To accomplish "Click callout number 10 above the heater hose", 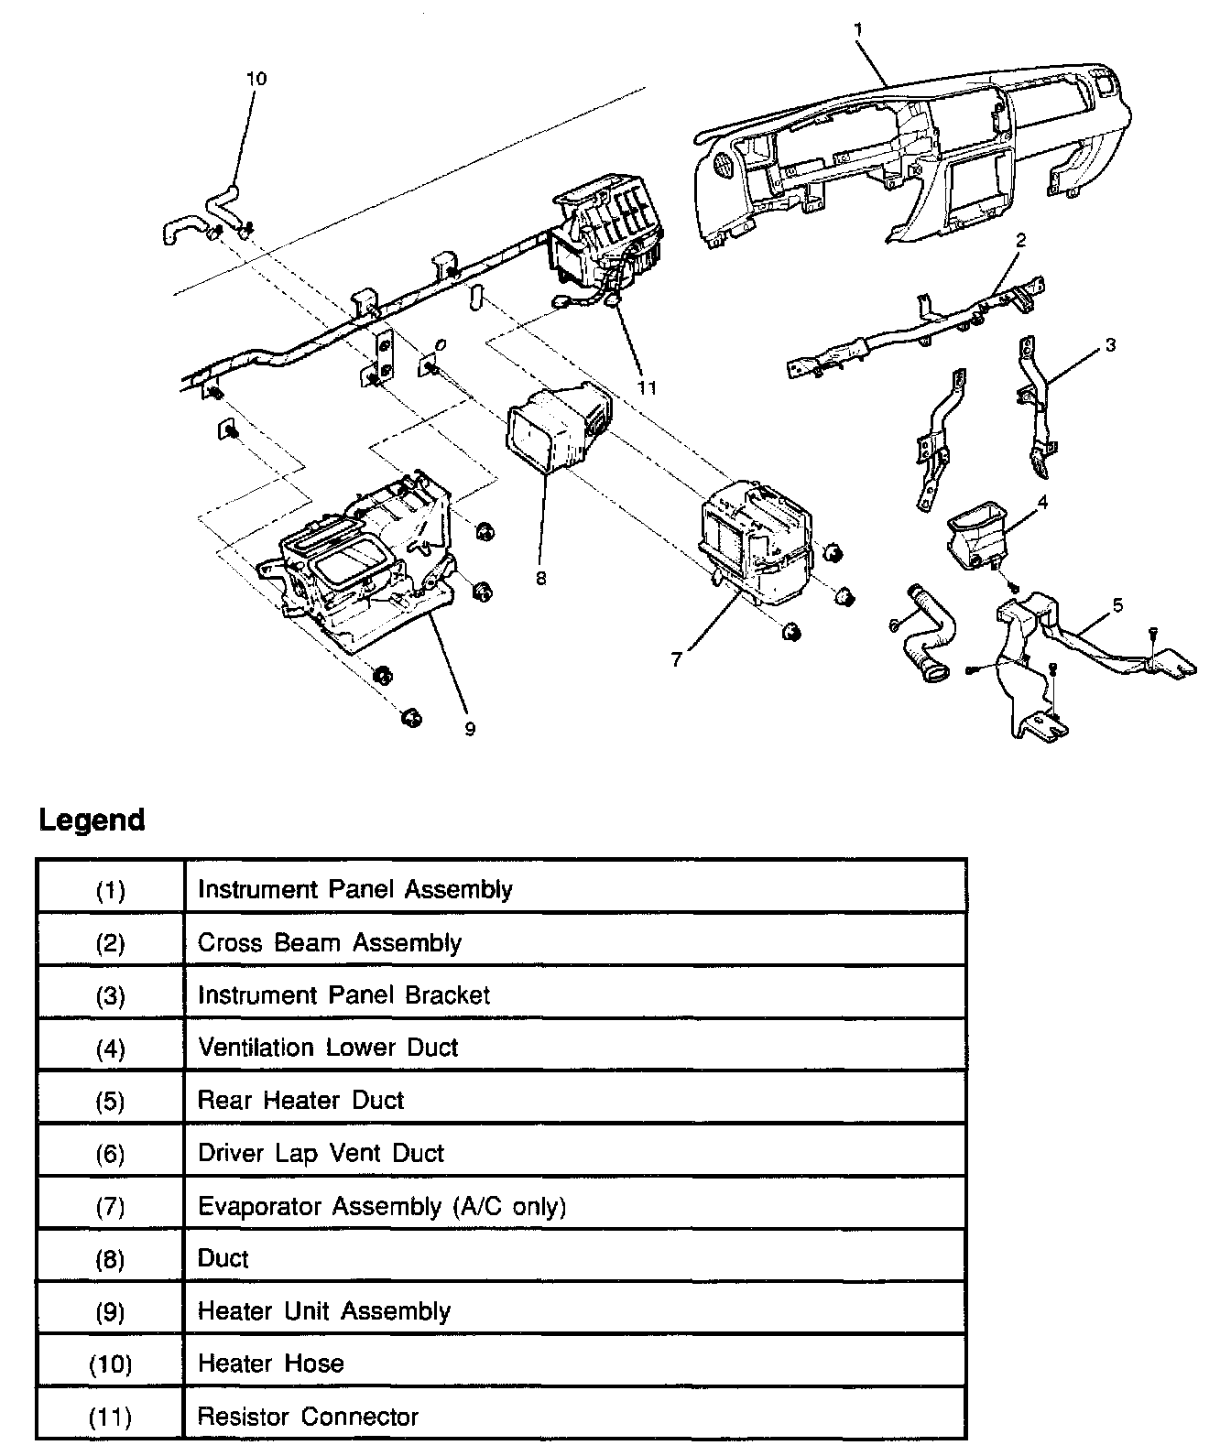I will (256, 79).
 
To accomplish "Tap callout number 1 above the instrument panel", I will (858, 30).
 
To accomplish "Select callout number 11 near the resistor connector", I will (648, 387).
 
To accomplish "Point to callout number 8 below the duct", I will (541, 579).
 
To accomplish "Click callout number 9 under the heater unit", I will (470, 729).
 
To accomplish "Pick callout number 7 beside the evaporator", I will (676, 658).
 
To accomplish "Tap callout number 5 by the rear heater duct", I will (1117, 605).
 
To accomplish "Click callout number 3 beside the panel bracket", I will (1110, 345).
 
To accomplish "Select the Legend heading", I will (92, 820).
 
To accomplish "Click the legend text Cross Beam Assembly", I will (329, 942).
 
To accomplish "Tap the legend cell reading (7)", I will (110, 1206).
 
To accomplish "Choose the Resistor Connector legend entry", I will (308, 1417).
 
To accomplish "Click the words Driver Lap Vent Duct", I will (321, 1153).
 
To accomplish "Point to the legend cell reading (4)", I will (110, 1048).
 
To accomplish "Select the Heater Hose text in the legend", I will (270, 1364).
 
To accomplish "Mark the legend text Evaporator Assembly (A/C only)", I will (382, 1206).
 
